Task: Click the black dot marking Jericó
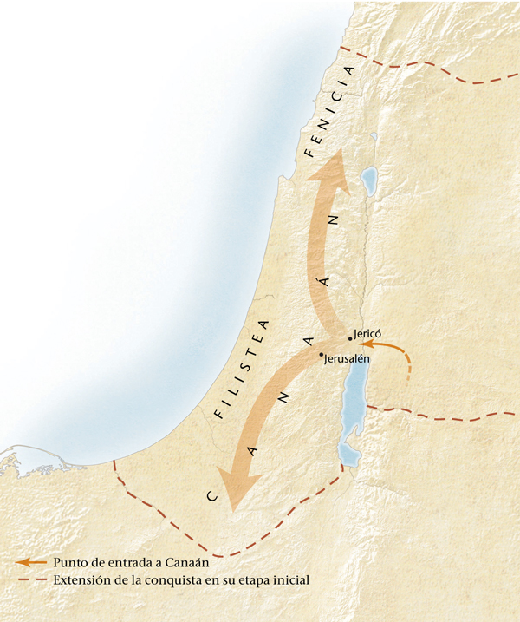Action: click(349, 337)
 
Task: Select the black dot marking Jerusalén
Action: click(321, 354)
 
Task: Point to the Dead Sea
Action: click(353, 408)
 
